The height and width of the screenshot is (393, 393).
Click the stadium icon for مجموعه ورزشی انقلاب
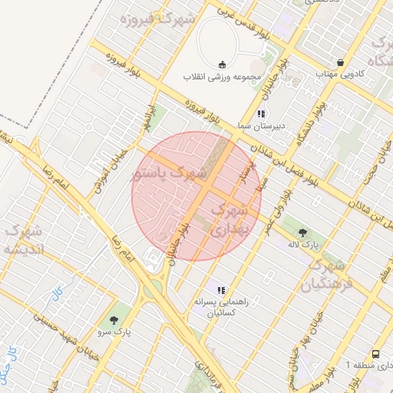click(x=223, y=64)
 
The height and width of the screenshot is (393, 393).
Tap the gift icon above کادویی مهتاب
click(x=340, y=62)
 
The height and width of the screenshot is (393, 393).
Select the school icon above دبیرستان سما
click(x=260, y=114)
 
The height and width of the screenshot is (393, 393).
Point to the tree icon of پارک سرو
click(x=115, y=319)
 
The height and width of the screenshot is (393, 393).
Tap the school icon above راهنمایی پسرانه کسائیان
click(x=221, y=290)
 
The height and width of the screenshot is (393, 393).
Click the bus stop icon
click(x=375, y=354)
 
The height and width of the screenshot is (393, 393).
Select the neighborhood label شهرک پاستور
click(x=170, y=175)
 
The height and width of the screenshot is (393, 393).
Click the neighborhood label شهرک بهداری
click(x=229, y=219)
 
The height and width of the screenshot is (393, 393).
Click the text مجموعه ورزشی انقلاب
click(x=223, y=78)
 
